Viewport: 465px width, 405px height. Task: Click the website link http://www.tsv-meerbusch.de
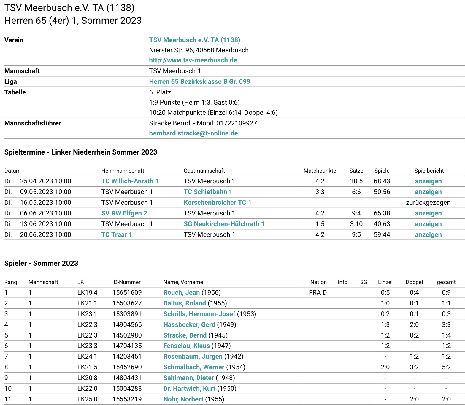coord(193,60)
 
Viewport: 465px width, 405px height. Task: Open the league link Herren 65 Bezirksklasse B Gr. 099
coord(199,81)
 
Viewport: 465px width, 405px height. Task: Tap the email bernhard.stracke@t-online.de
coord(193,133)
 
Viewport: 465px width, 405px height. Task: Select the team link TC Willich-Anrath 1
coord(130,181)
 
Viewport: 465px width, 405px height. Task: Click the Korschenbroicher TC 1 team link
coord(217,202)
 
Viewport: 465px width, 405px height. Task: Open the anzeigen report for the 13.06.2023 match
coord(428,224)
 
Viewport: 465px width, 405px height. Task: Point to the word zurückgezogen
coord(428,202)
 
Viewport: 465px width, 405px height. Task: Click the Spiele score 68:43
coord(382,181)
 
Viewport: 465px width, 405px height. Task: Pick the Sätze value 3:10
coord(356,224)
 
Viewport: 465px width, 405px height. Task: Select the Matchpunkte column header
coord(320,171)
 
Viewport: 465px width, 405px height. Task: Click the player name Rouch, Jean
coord(181,292)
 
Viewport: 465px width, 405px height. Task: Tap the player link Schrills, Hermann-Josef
coord(199,314)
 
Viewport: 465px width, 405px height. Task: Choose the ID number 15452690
coord(127,367)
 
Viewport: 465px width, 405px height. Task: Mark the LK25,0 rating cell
coord(87,399)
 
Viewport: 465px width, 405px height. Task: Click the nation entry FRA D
coord(318,292)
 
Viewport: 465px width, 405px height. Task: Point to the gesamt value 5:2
coord(446,367)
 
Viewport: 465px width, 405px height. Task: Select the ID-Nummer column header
coord(126,282)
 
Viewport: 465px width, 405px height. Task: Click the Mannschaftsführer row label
coord(33,123)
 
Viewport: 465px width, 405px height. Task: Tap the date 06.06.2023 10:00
coord(45,213)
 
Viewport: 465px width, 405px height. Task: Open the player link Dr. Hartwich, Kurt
coord(189,388)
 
